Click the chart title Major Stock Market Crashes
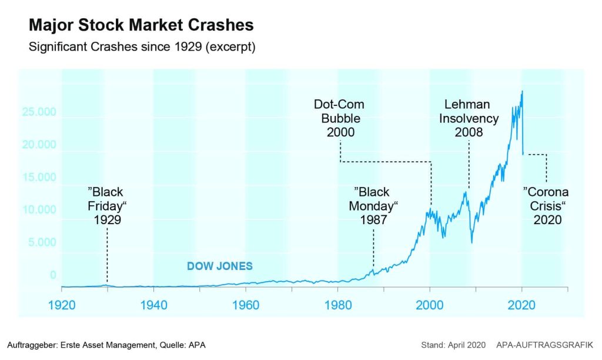[x=141, y=25]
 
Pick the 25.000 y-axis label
[x=39, y=112]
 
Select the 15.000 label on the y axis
[x=39, y=178]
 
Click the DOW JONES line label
[x=219, y=266]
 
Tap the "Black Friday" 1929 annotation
[x=107, y=206]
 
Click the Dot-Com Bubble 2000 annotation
[x=339, y=118]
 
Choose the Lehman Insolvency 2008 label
[x=469, y=118]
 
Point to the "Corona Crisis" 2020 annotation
[x=547, y=206]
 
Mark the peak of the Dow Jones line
[x=522, y=91]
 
